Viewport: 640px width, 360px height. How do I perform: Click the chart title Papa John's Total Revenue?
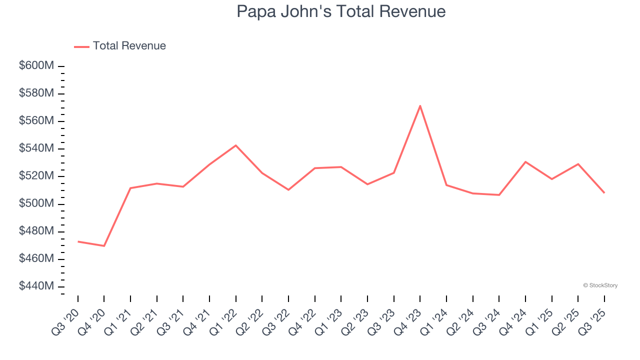point(341,11)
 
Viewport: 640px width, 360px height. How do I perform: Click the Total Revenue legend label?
point(129,46)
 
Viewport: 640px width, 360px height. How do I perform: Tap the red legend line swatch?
point(81,46)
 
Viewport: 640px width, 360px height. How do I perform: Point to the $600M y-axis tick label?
point(36,66)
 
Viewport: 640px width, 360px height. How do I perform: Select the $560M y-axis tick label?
point(36,121)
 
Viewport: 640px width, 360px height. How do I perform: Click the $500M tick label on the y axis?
point(36,204)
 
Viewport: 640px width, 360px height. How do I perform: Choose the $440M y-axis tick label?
point(36,286)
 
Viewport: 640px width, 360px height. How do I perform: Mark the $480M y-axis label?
point(36,231)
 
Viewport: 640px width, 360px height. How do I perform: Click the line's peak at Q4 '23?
point(420,105)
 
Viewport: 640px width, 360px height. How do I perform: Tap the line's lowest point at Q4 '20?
point(104,246)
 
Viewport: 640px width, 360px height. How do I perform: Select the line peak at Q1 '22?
point(236,145)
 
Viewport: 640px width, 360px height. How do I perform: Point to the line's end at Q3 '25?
point(604,192)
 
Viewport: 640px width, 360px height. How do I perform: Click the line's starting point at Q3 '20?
point(78,241)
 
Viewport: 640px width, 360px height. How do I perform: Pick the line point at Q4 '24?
point(525,162)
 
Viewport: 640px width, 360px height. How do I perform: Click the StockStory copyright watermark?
point(600,285)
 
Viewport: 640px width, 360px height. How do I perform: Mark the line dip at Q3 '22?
point(288,190)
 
